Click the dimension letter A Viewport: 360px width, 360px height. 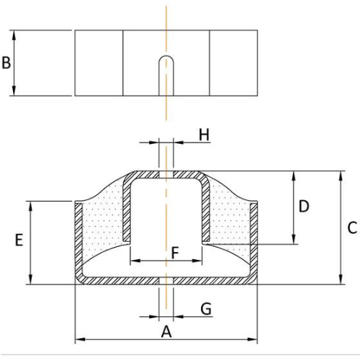[166, 332]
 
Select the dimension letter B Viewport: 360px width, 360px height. [6, 63]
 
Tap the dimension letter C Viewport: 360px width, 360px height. [352, 228]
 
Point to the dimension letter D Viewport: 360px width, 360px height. [304, 206]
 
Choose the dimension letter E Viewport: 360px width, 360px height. [19, 240]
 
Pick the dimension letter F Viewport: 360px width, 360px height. [175, 253]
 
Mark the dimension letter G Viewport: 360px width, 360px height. [206, 309]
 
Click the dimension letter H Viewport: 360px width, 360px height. [204, 135]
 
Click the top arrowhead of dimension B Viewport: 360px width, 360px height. [14, 35]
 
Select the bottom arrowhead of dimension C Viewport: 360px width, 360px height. [341, 280]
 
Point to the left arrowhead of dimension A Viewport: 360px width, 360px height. [80, 339]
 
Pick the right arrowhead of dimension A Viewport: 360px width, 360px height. [253, 339]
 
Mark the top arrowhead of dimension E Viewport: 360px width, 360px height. [30, 206]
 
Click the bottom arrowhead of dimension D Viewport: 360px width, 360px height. [293, 240]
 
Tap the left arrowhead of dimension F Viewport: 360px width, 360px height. [135, 261]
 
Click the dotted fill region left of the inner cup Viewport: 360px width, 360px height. [103, 223]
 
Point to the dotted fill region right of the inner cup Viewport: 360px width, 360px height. [230, 223]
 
